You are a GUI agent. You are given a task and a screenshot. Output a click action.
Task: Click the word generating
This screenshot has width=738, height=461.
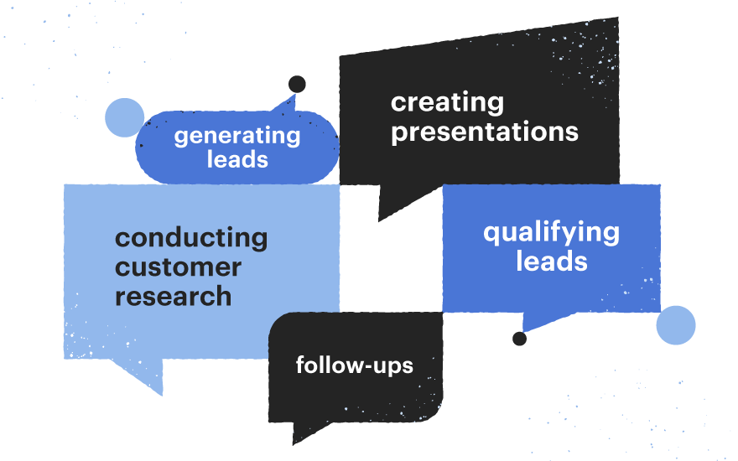(237, 137)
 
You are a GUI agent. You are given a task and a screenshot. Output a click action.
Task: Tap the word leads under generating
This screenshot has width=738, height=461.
(237, 159)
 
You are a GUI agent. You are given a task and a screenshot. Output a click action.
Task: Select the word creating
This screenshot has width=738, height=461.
(447, 102)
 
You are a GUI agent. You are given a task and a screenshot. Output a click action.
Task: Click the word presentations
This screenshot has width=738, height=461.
(485, 132)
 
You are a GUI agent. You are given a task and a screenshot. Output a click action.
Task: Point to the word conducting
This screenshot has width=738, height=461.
(191, 238)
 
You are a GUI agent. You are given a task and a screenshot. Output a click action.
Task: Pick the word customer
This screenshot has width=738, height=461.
(179, 267)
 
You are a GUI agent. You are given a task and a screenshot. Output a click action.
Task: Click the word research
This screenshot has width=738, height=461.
(174, 297)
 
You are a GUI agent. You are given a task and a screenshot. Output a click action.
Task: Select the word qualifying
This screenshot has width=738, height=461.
(552, 233)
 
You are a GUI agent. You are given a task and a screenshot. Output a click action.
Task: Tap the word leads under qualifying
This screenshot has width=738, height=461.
(552, 261)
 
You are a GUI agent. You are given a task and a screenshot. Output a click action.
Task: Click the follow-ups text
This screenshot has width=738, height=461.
(355, 365)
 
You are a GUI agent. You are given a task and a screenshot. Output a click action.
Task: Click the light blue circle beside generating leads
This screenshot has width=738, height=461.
(125, 117)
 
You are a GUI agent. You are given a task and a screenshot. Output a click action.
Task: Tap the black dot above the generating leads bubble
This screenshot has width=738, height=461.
(297, 85)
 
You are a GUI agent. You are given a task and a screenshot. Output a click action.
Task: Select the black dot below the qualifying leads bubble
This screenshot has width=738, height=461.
(520, 339)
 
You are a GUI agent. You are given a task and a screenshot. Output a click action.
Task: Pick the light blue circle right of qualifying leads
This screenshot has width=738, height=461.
(676, 325)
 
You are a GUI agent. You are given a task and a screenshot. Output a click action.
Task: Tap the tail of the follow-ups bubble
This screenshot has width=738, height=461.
(307, 432)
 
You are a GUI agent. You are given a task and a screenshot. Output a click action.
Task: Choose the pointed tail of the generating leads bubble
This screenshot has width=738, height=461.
(287, 104)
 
